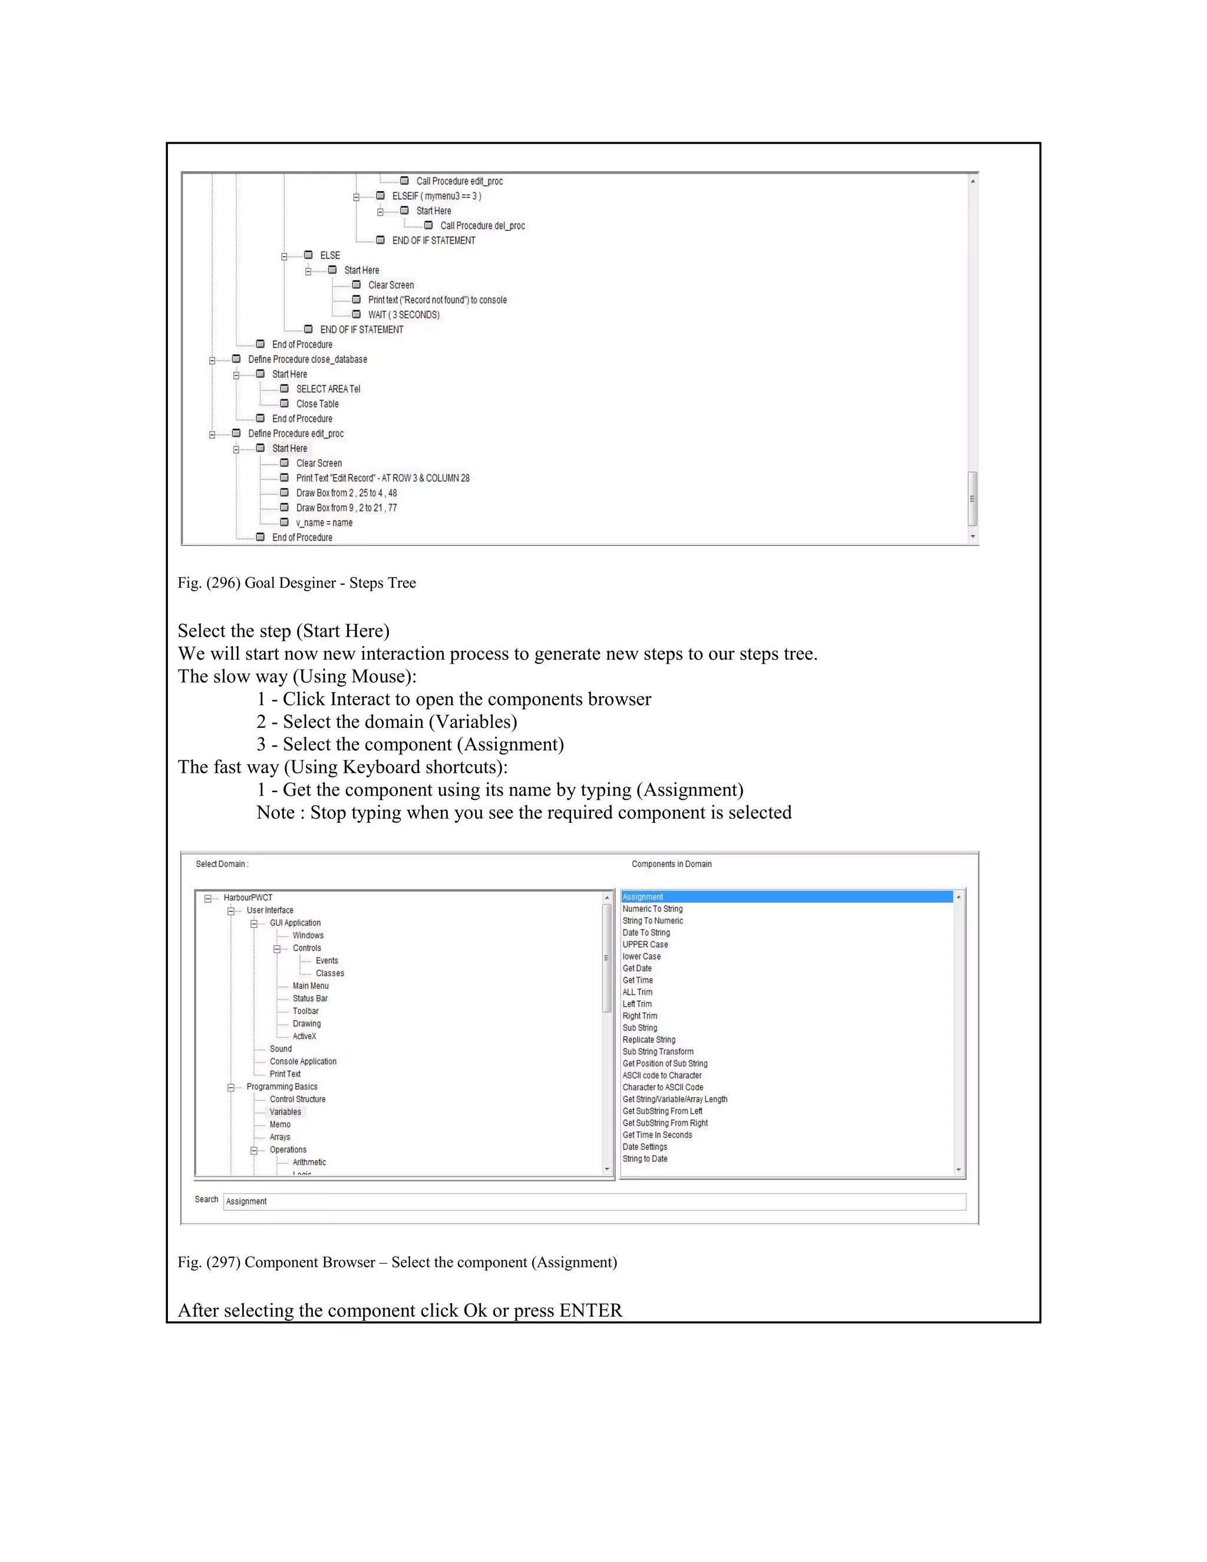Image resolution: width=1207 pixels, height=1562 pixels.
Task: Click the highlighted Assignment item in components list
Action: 643,897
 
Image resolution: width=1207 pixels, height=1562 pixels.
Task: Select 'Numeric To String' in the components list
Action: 652,909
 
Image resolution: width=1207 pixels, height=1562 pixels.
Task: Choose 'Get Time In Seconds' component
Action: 657,1135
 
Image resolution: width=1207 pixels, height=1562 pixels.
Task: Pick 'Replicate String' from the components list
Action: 648,1040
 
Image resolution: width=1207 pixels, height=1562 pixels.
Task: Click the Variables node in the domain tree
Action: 285,1112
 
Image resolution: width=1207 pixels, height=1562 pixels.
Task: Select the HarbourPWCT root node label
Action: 248,898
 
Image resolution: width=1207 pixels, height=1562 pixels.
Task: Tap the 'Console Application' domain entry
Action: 302,1062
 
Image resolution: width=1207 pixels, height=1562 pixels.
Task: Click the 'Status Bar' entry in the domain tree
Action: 309,999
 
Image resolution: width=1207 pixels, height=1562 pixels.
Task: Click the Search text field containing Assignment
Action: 593,1201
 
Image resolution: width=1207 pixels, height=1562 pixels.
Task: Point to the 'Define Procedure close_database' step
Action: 308,360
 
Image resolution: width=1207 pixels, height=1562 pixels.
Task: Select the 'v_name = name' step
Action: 324,523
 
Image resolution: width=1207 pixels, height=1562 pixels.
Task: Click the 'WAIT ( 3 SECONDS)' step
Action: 403,315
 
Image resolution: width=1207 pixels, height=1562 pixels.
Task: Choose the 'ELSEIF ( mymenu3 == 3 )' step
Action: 436,196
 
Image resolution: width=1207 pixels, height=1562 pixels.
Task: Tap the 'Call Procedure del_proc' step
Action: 482,226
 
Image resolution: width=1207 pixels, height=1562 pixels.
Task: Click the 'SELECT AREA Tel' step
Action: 328,389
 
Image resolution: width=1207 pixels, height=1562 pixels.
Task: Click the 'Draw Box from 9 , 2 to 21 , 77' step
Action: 346,508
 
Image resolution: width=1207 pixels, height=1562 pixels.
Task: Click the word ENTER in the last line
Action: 591,1310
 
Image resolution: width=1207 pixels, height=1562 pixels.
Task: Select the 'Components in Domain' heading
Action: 671,864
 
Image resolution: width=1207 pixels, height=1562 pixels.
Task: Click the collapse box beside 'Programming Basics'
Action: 231,1088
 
